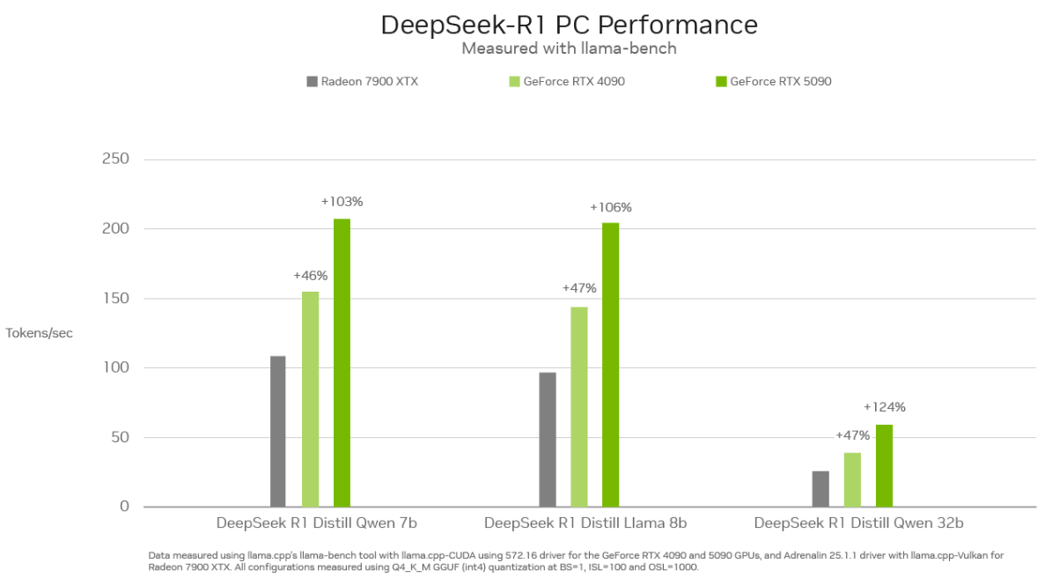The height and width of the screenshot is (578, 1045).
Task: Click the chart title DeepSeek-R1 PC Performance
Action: tap(569, 25)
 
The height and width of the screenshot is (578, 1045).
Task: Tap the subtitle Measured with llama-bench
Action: tap(569, 48)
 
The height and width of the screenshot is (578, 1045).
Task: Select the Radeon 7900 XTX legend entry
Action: tap(362, 81)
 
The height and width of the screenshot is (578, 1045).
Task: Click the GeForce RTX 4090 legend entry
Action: tap(567, 81)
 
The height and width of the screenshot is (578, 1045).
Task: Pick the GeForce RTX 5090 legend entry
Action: tap(773, 81)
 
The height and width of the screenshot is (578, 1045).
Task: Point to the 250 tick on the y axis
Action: tap(116, 159)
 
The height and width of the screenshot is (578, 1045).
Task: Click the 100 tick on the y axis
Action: tap(116, 367)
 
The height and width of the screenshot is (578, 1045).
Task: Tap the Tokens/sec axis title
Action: tap(40, 333)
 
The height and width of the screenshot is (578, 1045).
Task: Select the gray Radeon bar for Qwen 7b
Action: tap(278, 431)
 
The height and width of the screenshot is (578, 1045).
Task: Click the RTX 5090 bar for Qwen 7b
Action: tap(342, 362)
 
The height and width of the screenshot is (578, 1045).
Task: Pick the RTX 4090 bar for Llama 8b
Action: tap(578, 406)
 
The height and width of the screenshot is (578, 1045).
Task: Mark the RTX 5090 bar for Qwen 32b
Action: tap(884, 465)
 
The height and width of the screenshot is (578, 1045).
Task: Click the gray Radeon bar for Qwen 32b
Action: tap(821, 488)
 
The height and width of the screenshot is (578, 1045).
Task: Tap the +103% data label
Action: tap(342, 202)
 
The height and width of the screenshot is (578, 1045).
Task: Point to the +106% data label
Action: tap(610, 208)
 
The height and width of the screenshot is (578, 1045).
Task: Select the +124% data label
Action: tap(884, 407)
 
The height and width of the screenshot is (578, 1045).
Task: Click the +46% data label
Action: tap(310, 275)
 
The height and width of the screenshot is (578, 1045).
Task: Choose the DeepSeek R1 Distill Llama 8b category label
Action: tap(585, 523)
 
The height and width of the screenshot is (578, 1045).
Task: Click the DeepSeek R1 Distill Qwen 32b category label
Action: tap(858, 523)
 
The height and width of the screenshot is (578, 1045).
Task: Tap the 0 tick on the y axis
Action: tap(124, 507)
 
